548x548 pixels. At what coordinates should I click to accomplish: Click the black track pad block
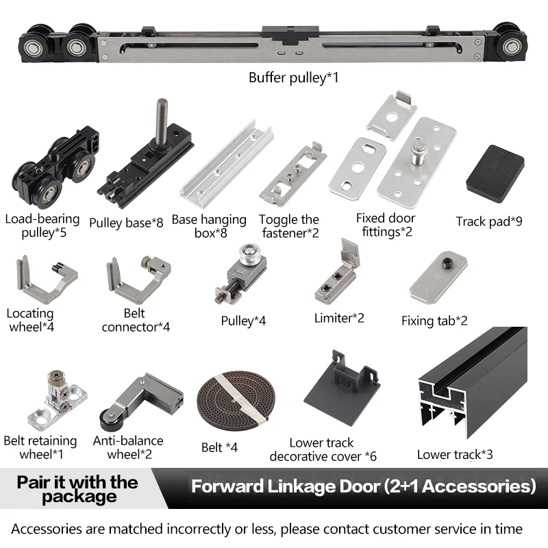pos(495,174)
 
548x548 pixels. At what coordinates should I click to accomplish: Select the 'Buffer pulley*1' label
pos(294,77)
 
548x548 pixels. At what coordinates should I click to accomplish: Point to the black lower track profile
pos(473,383)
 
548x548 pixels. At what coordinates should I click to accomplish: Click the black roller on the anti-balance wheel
pos(110,419)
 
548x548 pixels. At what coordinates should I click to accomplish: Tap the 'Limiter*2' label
pos(339,318)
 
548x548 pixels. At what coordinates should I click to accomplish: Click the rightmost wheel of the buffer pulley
pos(510,46)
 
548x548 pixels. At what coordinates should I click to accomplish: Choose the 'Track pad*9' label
pos(489,221)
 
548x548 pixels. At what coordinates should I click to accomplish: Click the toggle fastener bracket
pos(292,175)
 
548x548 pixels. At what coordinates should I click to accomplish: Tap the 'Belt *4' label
pos(219,447)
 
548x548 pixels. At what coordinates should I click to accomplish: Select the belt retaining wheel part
pos(58,401)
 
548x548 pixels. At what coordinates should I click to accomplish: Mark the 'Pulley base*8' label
pos(126,223)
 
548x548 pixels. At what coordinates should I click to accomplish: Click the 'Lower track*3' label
pos(455,454)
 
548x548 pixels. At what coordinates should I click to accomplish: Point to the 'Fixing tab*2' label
pos(434,321)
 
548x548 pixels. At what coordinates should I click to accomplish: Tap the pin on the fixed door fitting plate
pos(419,151)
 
